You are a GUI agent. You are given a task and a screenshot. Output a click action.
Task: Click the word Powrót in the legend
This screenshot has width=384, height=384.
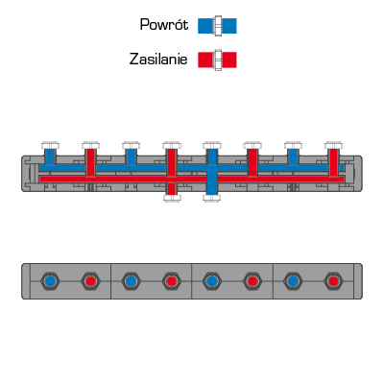pyautogui.click(x=164, y=25)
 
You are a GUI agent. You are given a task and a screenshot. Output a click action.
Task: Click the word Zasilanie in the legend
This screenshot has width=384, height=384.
pyautogui.click(x=158, y=60)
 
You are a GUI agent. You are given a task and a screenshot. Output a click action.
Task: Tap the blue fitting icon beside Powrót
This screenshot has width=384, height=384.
pyautogui.click(x=217, y=26)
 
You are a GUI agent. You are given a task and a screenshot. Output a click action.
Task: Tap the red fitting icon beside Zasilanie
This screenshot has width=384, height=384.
pyautogui.click(x=217, y=60)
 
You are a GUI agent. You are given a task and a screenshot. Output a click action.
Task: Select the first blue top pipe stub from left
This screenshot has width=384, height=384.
pyautogui.click(x=50, y=156)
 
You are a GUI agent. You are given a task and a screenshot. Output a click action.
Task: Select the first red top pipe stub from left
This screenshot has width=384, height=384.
pyautogui.click(x=90, y=162)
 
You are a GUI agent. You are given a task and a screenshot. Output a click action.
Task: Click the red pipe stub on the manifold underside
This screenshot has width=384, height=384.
pyautogui.click(x=172, y=188)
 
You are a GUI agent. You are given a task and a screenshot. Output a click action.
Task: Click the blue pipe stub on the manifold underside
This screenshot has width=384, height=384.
pyautogui.click(x=212, y=182)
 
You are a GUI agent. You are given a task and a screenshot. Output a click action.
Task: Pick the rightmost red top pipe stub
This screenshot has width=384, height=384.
pyautogui.click(x=333, y=162)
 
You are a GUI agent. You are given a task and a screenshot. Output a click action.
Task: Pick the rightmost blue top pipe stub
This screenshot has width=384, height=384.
pyautogui.click(x=293, y=156)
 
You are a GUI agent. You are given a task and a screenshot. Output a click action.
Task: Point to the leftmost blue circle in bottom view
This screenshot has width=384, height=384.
pyautogui.click(x=50, y=281)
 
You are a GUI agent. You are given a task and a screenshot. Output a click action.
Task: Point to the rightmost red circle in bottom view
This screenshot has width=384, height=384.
pyautogui.click(x=333, y=281)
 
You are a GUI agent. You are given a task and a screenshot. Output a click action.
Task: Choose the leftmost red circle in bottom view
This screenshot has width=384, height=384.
pyautogui.click(x=90, y=281)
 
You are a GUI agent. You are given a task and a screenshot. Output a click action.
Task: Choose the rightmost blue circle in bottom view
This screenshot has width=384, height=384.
pyautogui.click(x=293, y=281)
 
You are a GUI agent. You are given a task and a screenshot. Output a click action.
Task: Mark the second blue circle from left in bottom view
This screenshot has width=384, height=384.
pyautogui.click(x=131, y=281)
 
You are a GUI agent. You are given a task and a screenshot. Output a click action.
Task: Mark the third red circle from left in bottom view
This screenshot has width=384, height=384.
pyautogui.click(x=252, y=281)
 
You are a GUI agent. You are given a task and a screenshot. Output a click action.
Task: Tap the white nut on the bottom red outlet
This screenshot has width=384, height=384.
pyautogui.click(x=172, y=198)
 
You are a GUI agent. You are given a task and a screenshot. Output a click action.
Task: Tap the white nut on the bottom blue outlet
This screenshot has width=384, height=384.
pyautogui.click(x=212, y=198)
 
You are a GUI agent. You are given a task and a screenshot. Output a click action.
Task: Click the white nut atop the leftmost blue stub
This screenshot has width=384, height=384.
pyautogui.click(x=50, y=146)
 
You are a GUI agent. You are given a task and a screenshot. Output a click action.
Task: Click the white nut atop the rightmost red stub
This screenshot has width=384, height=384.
pyautogui.click(x=333, y=146)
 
